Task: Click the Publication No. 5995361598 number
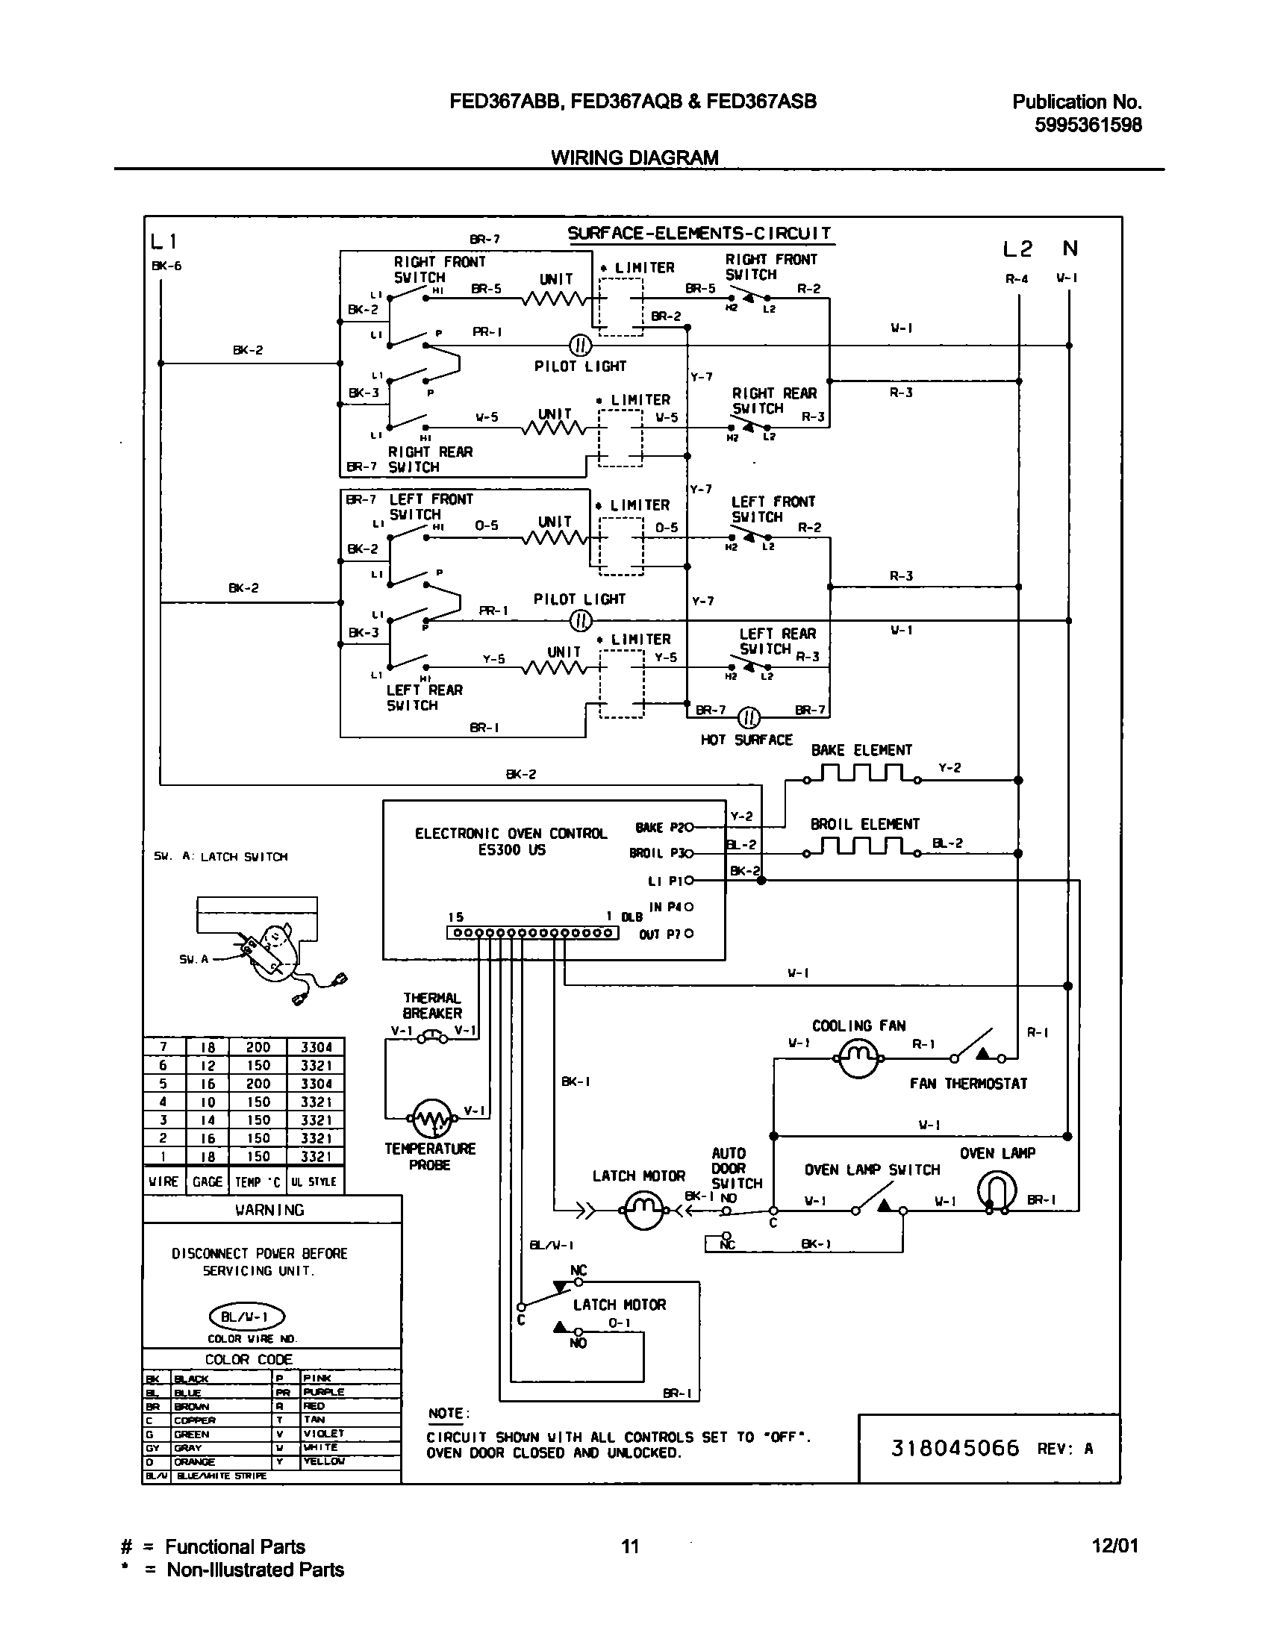click(x=1087, y=125)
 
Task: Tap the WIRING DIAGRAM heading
click(x=634, y=157)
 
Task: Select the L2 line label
click(x=1017, y=249)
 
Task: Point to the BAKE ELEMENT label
click(x=861, y=749)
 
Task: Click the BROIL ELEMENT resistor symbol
click(x=861, y=846)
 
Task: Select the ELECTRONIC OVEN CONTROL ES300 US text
click(x=511, y=841)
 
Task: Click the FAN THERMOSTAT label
click(x=967, y=1084)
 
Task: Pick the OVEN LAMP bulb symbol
click(x=996, y=1191)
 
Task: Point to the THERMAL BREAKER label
click(x=432, y=1005)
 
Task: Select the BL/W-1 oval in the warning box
click(x=246, y=1317)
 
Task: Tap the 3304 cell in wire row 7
click(x=317, y=1047)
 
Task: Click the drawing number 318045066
click(x=955, y=1448)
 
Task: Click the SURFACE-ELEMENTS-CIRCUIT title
click(x=699, y=233)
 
